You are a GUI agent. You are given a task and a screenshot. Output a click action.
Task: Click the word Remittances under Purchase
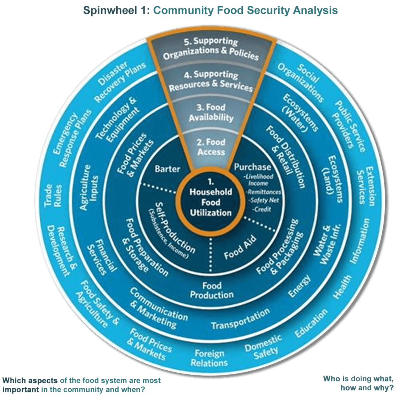(x=264, y=192)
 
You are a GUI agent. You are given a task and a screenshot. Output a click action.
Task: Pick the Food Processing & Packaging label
(x=279, y=247)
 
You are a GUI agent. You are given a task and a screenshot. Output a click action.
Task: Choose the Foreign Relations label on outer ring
(x=210, y=358)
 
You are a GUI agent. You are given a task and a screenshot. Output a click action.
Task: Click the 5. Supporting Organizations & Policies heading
(x=211, y=49)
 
